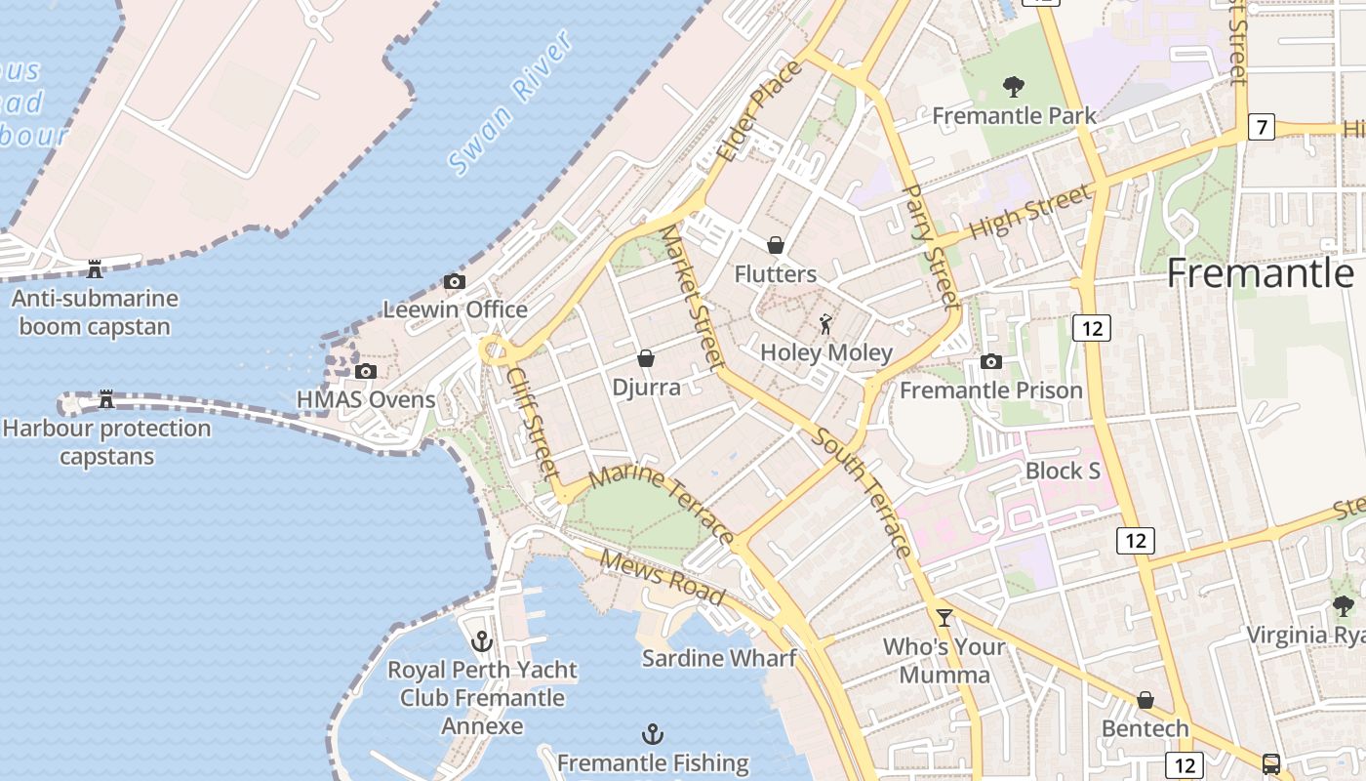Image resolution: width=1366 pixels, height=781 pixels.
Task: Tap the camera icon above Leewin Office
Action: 455,282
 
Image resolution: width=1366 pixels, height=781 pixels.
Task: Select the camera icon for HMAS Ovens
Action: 366,371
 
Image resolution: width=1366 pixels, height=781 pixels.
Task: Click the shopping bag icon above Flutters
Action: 776,245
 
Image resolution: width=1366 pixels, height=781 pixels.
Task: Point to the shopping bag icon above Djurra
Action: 645,359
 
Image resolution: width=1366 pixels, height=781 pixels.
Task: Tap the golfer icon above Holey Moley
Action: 826,324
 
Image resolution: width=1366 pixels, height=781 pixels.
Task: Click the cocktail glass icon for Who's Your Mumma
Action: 944,617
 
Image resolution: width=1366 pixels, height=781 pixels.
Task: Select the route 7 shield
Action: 1262,127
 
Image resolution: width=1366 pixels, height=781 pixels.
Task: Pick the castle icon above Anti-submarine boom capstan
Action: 95,268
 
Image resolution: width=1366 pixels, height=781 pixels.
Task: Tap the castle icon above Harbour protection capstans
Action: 106,399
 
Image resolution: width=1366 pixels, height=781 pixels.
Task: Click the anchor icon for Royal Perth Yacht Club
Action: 481,641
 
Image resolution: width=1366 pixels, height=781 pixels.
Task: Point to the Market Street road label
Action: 691,299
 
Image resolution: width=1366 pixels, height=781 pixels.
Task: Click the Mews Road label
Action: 663,577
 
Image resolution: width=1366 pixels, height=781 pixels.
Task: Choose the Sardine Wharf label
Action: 719,658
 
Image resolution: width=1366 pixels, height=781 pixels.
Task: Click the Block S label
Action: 1063,471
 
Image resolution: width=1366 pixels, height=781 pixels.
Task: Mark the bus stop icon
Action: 1270,763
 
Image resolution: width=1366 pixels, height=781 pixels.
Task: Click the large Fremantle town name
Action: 1261,273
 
